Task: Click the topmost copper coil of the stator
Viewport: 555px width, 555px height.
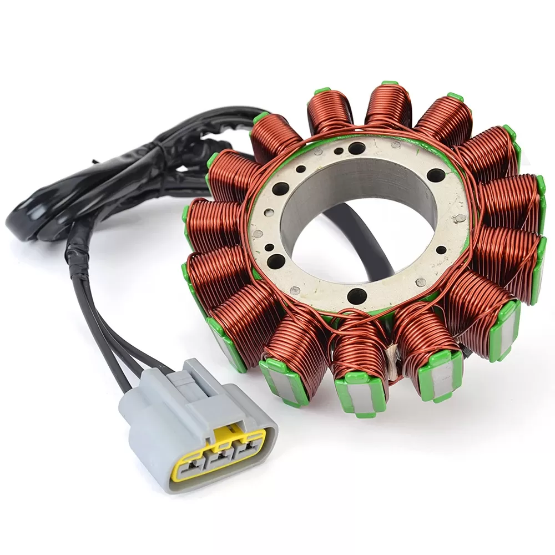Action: pos(387,108)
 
